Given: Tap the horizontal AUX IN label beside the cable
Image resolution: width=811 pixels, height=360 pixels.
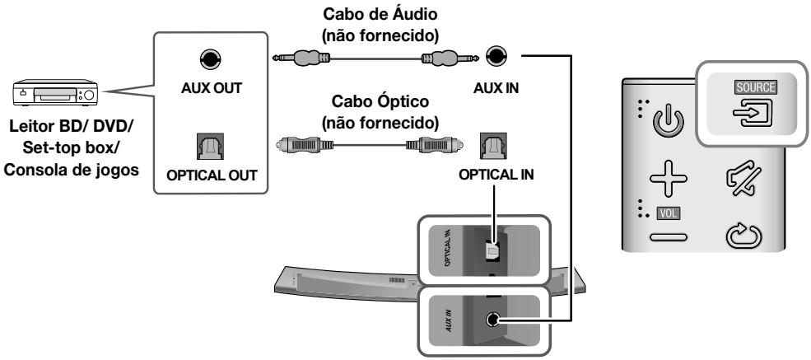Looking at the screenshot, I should point(496,89).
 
